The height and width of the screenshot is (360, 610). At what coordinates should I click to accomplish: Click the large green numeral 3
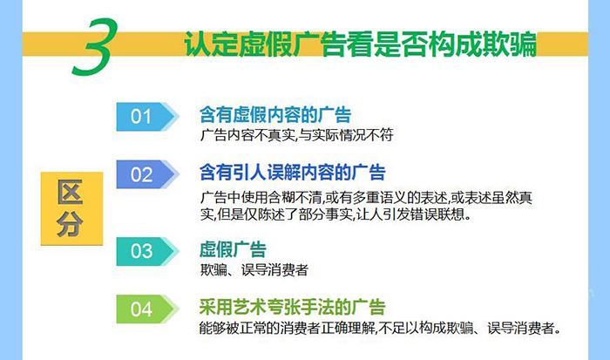click(95, 47)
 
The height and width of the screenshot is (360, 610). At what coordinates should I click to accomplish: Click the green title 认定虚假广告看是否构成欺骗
click(360, 44)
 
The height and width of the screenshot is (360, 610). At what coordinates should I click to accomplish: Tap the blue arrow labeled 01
click(148, 116)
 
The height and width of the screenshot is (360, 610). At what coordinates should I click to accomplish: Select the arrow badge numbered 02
click(148, 174)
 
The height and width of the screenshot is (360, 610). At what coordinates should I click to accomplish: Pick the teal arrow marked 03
click(148, 251)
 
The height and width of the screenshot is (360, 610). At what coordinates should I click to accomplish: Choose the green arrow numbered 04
click(148, 309)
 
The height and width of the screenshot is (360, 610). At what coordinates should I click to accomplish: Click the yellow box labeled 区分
click(72, 208)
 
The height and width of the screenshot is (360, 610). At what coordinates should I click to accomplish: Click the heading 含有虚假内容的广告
click(275, 115)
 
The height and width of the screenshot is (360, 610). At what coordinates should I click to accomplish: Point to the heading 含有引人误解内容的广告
click(293, 173)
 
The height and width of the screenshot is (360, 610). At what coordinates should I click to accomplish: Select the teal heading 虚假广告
click(233, 249)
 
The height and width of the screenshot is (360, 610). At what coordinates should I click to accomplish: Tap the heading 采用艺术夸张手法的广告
click(293, 307)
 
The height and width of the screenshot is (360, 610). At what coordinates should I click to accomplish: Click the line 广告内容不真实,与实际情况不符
click(297, 135)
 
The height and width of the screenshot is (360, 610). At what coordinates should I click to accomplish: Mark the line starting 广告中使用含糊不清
click(366, 198)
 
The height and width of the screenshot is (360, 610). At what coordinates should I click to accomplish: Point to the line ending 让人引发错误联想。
click(335, 214)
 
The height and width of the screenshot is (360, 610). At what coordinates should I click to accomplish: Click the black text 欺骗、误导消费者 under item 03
click(254, 269)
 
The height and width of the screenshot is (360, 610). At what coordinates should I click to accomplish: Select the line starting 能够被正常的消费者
click(380, 328)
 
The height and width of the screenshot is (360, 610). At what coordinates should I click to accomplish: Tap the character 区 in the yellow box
click(71, 193)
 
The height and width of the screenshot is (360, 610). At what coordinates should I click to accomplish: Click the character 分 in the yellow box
click(71, 224)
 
